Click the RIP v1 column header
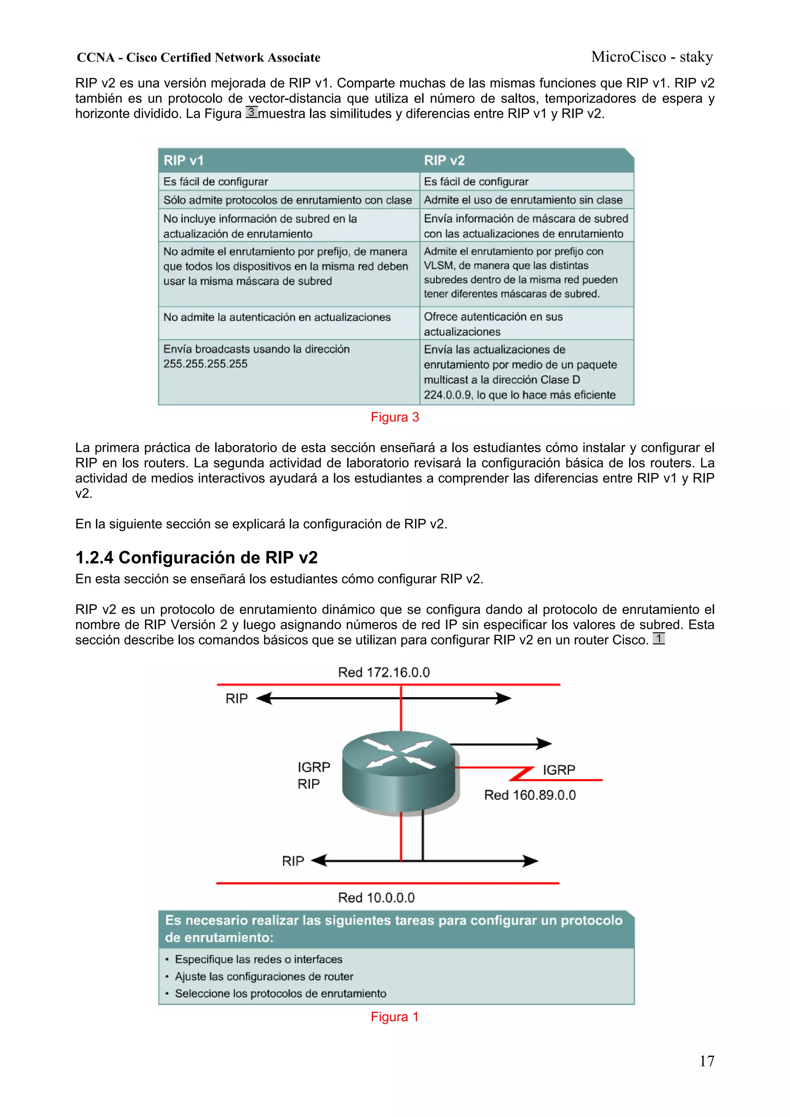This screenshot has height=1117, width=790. point(184,160)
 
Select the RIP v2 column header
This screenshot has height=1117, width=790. point(444,160)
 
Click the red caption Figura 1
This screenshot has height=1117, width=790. point(395,1017)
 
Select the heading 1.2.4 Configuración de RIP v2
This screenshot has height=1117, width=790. point(196,558)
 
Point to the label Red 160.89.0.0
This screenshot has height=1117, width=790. point(530,795)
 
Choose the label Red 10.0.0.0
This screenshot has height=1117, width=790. point(376,898)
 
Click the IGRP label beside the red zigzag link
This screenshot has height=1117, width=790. point(559,770)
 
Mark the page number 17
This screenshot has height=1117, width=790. point(707,1061)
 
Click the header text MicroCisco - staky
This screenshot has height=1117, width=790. point(652,57)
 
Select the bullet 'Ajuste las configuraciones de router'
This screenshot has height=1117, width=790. point(264,976)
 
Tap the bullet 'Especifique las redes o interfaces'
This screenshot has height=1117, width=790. point(258,959)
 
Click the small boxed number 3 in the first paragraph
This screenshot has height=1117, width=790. point(251,112)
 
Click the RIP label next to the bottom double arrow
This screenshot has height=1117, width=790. point(293,861)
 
